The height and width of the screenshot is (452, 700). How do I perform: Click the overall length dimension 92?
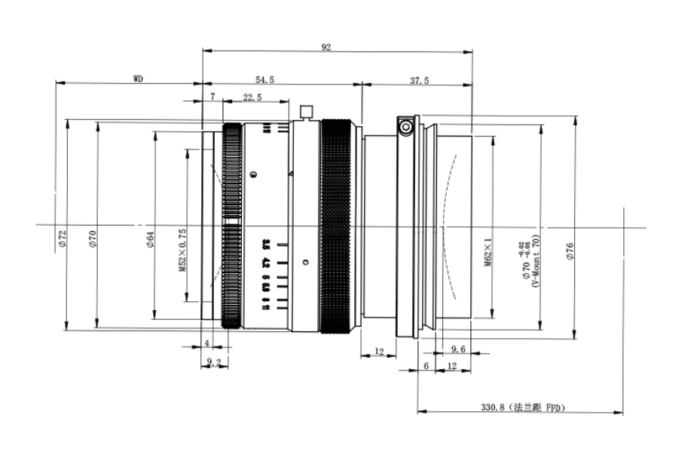point(326,47)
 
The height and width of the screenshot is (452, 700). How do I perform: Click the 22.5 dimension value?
point(252,97)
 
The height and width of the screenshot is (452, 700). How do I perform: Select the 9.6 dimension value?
point(458,349)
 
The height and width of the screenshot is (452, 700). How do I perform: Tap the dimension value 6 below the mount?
point(426,365)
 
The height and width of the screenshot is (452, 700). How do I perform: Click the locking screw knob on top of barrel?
point(305,112)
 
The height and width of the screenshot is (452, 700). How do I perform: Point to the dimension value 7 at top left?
point(213,97)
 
